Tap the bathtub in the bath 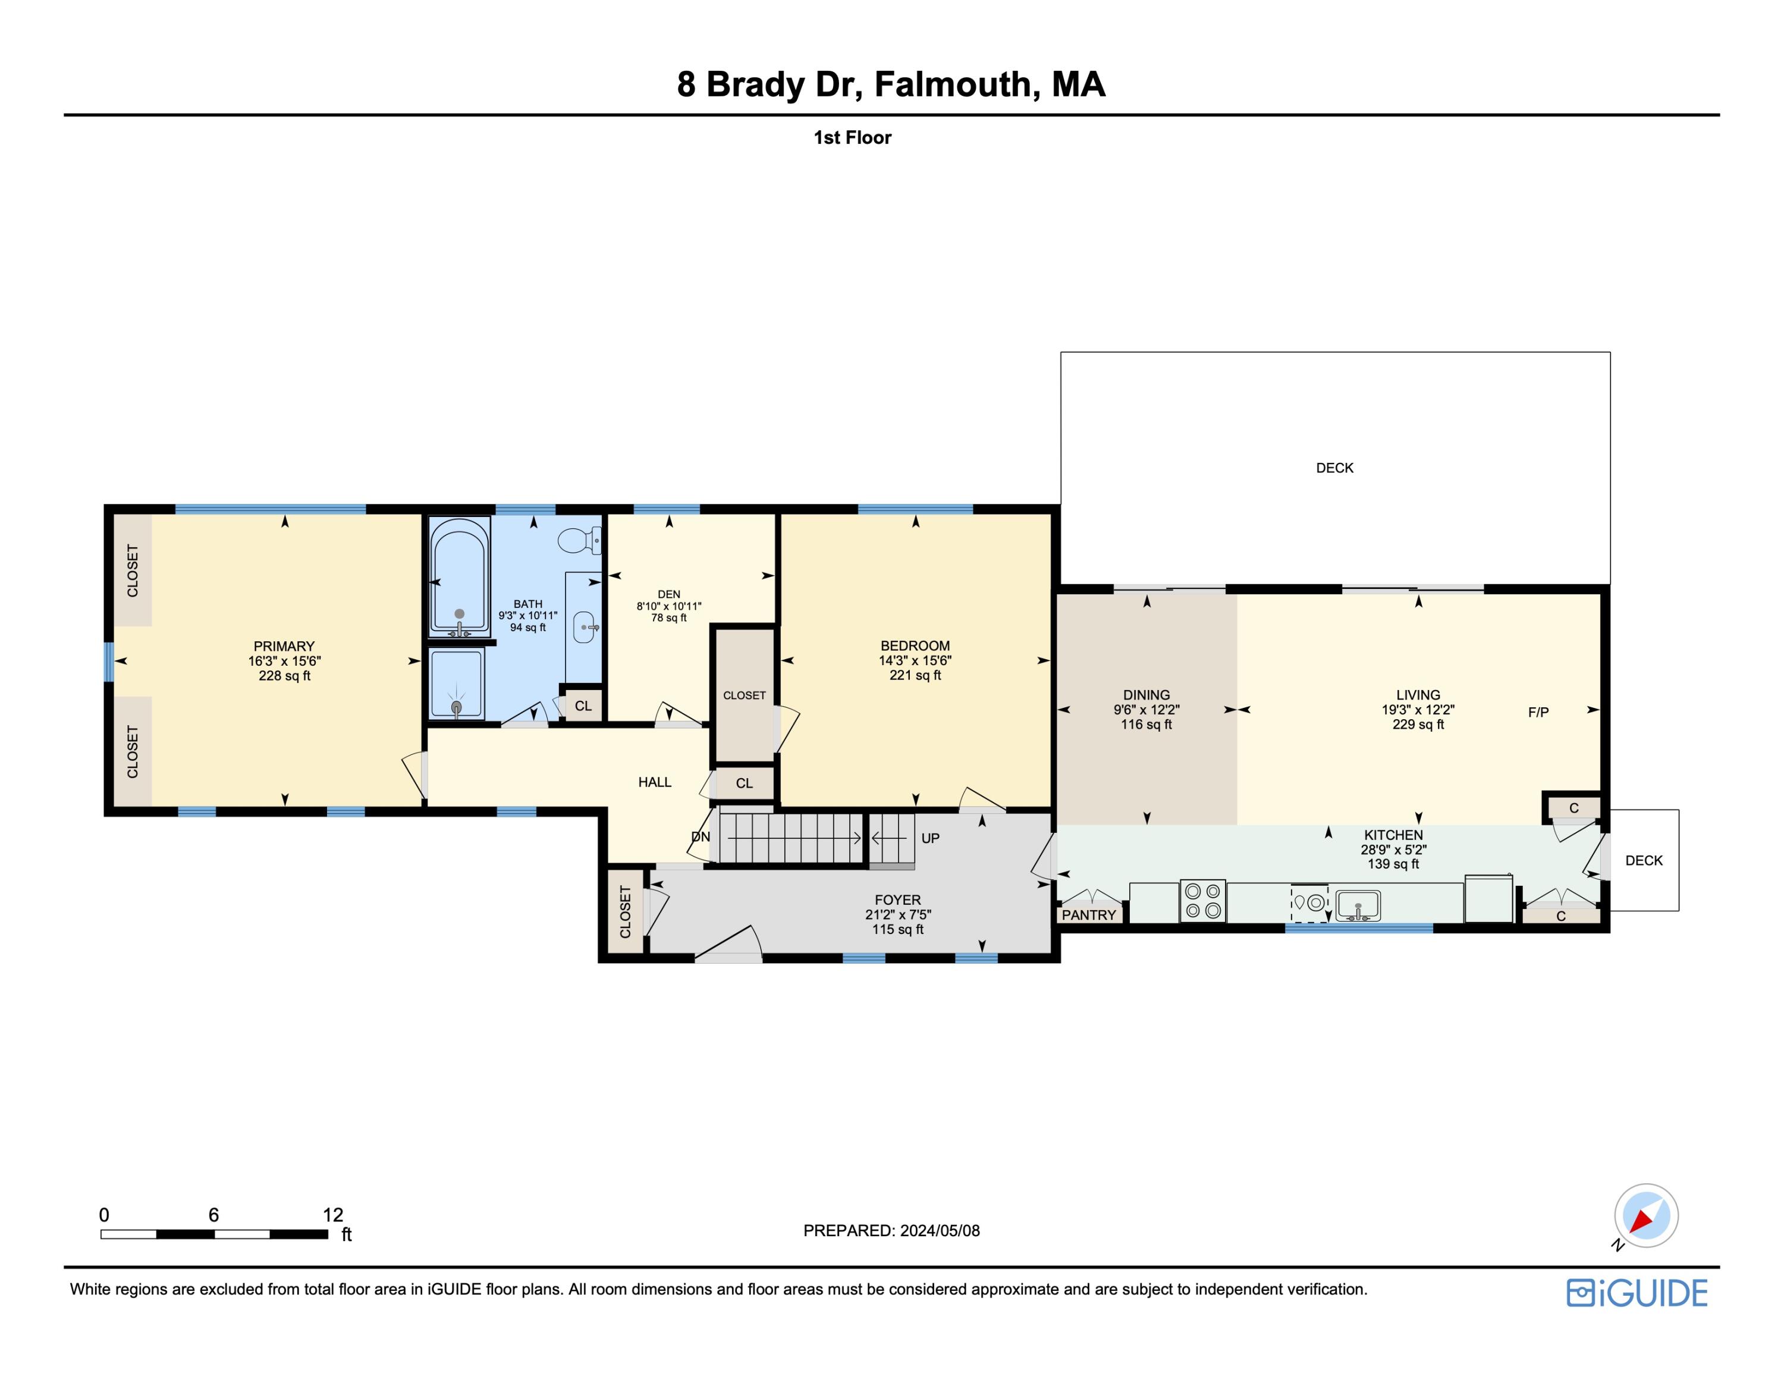459,576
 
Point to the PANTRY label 1088,915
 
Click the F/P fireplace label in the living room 1538,712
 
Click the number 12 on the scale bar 332,1215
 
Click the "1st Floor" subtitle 852,138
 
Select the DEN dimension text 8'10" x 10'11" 669,606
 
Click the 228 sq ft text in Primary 284,676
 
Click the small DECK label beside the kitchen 1644,860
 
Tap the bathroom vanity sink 583,628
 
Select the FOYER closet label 626,912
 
